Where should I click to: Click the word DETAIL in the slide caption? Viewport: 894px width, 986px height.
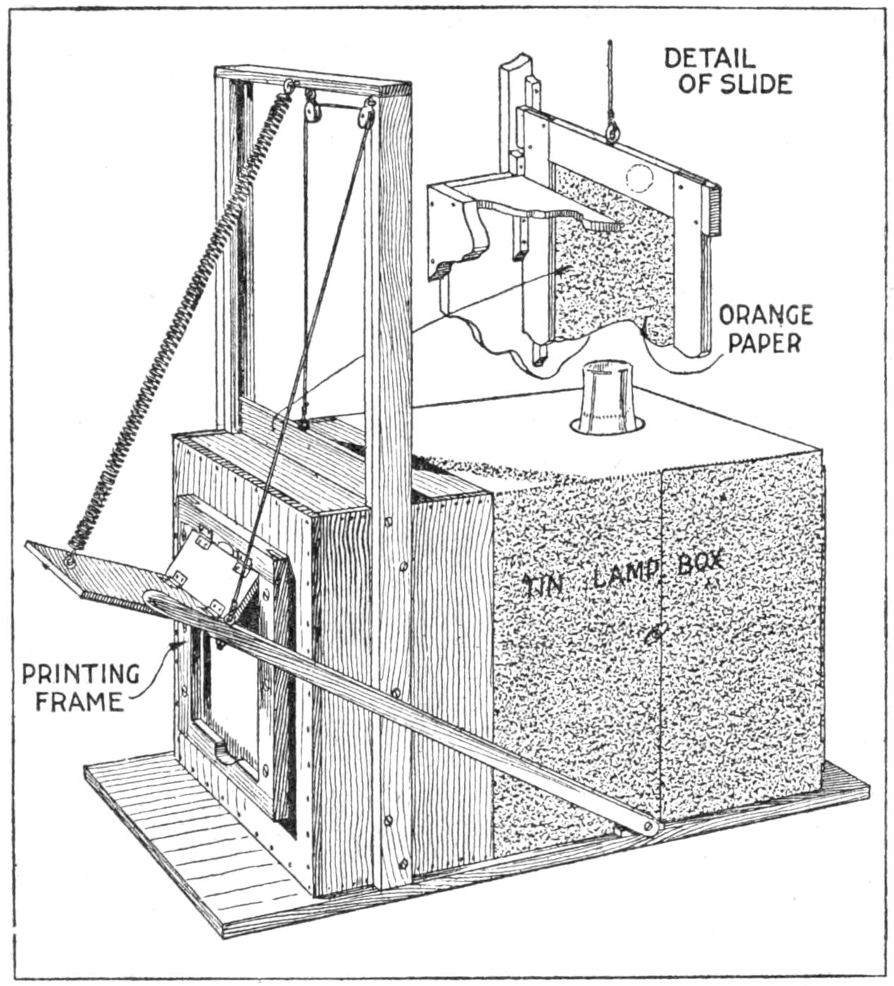(709, 58)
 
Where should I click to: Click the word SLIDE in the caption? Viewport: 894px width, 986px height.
(757, 84)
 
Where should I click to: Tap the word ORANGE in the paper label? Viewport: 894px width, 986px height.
(765, 316)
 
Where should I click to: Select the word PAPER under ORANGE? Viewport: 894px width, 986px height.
(765, 343)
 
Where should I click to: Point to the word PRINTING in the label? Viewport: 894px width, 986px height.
(81, 674)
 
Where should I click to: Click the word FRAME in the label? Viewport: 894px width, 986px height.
(80, 702)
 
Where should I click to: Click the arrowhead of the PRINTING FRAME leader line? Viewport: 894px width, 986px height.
(173, 646)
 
